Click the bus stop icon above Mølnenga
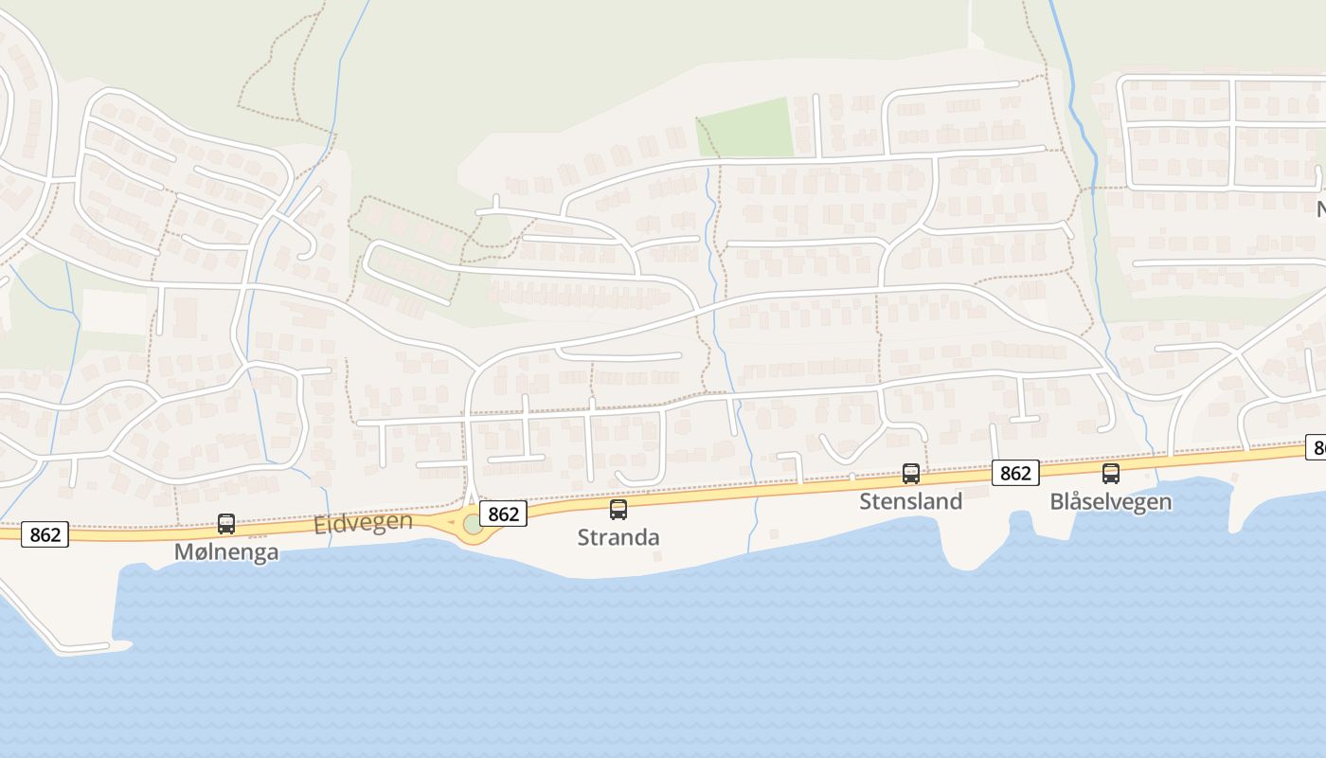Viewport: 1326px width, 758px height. tap(226, 523)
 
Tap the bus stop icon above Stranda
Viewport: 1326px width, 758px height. tap(618, 510)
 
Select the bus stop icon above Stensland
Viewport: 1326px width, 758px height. tap(911, 474)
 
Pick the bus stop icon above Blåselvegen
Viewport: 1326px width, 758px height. tap(1111, 474)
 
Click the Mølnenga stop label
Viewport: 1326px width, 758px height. tap(226, 551)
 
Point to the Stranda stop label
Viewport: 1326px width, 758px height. tap(618, 537)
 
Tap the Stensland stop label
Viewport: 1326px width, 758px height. tap(910, 501)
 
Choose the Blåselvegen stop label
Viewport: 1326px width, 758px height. tap(1110, 501)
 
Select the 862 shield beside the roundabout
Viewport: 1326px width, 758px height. tap(503, 514)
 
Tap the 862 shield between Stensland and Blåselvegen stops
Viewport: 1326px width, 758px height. tap(1015, 472)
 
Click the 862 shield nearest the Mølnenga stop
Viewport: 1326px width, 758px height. tap(45, 534)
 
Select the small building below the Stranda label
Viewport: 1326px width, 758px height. tap(656, 556)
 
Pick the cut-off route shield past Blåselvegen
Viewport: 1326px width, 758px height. tap(1317, 447)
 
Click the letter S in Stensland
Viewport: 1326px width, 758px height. tap(867, 501)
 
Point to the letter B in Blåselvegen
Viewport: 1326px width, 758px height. tap(1057, 501)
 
